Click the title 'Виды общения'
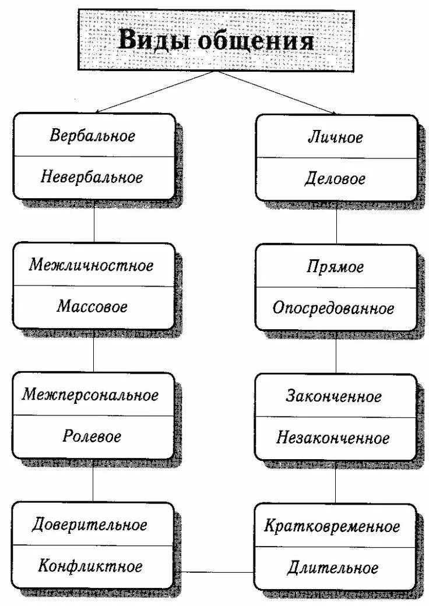click(x=216, y=41)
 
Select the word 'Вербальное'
click(x=93, y=136)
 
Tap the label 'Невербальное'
click(x=92, y=178)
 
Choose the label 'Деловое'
click(x=335, y=179)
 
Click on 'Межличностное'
click(x=92, y=266)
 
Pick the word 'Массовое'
click(x=92, y=306)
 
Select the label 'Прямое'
click(x=335, y=267)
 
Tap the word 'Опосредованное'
click(x=333, y=308)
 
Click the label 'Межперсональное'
click(x=91, y=395)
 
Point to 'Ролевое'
click(x=92, y=436)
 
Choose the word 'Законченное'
click(x=334, y=397)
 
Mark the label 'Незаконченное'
click(x=333, y=438)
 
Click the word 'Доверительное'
click(x=90, y=525)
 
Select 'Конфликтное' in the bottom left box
click(x=91, y=566)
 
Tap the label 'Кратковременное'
click(x=332, y=527)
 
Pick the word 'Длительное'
click(x=333, y=568)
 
